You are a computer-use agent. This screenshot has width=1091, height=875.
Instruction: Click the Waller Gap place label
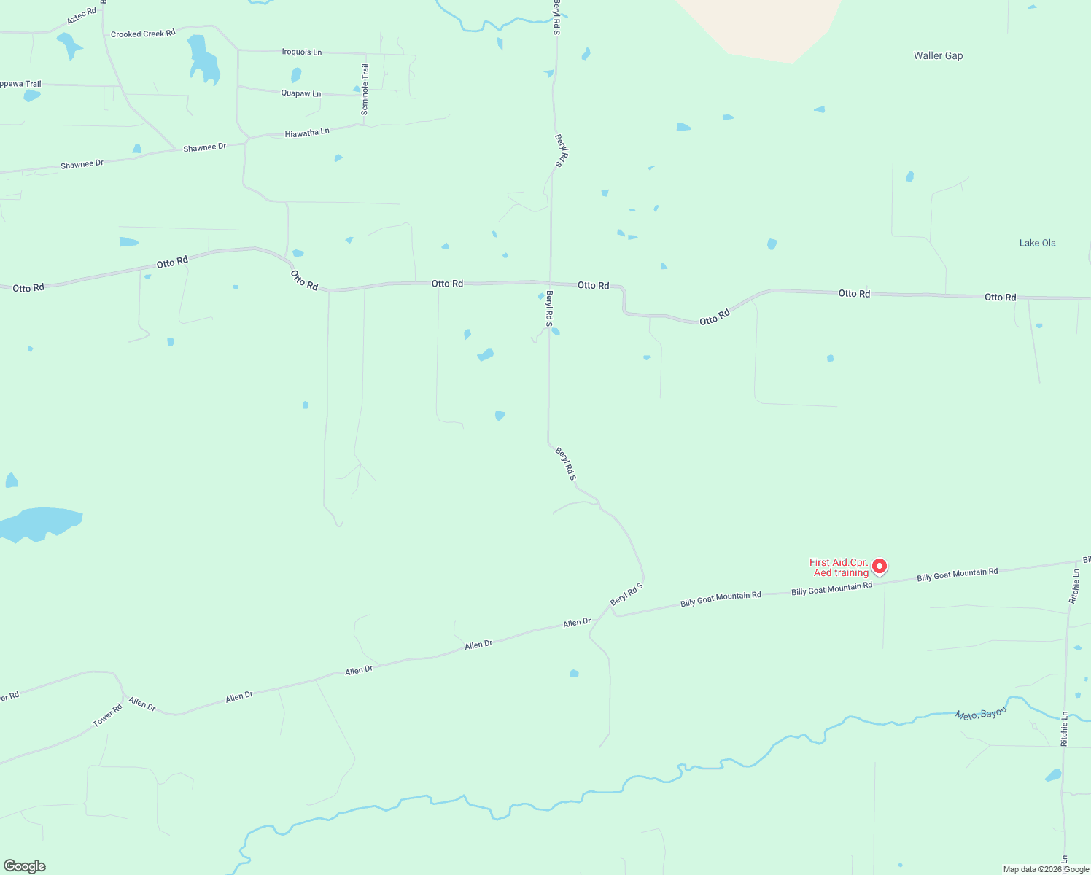[938, 55]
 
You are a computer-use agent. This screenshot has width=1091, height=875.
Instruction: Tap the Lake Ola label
[1037, 243]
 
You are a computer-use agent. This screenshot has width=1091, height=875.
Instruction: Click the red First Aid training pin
[880, 566]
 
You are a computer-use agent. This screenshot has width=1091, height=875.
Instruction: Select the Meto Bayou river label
[980, 713]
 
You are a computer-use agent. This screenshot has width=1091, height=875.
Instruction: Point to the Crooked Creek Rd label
[143, 34]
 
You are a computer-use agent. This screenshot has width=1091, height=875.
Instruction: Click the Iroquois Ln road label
[302, 52]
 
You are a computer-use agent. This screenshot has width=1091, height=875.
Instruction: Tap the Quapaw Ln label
[301, 93]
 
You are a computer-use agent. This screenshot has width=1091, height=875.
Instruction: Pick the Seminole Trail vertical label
[365, 89]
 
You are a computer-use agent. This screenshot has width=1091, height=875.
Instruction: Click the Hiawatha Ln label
[307, 133]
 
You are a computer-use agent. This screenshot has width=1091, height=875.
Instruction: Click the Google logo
[25, 866]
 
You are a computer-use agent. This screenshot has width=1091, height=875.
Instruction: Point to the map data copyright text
[1046, 869]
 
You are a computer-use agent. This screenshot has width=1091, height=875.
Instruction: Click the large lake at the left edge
[40, 523]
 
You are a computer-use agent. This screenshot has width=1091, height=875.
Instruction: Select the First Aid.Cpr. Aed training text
[839, 567]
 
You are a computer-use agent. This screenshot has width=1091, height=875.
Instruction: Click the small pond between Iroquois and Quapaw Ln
[296, 74]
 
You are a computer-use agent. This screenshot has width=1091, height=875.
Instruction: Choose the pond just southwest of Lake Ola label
[772, 244]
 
